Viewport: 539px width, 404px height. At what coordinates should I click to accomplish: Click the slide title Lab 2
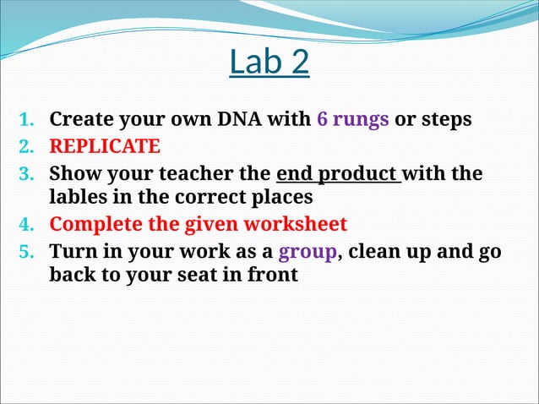(x=269, y=63)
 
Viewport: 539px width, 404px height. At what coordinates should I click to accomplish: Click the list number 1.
(x=26, y=120)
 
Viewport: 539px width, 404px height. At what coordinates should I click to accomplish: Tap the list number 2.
(x=26, y=147)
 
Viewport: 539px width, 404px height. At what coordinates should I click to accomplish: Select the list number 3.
(x=26, y=174)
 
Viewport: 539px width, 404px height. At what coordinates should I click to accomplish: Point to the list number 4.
(x=26, y=226)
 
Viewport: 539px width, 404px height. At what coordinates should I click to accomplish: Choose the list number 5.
(x=26, y=252)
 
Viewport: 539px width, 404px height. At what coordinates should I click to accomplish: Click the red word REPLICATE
(x=104, y=146)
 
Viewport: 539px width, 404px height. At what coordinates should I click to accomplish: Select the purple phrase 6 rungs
(x=352, y=119)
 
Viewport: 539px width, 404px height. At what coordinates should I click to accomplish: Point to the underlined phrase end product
(x=337, y=173)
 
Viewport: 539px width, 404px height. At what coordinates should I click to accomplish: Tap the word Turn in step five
(x=73, y=251)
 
